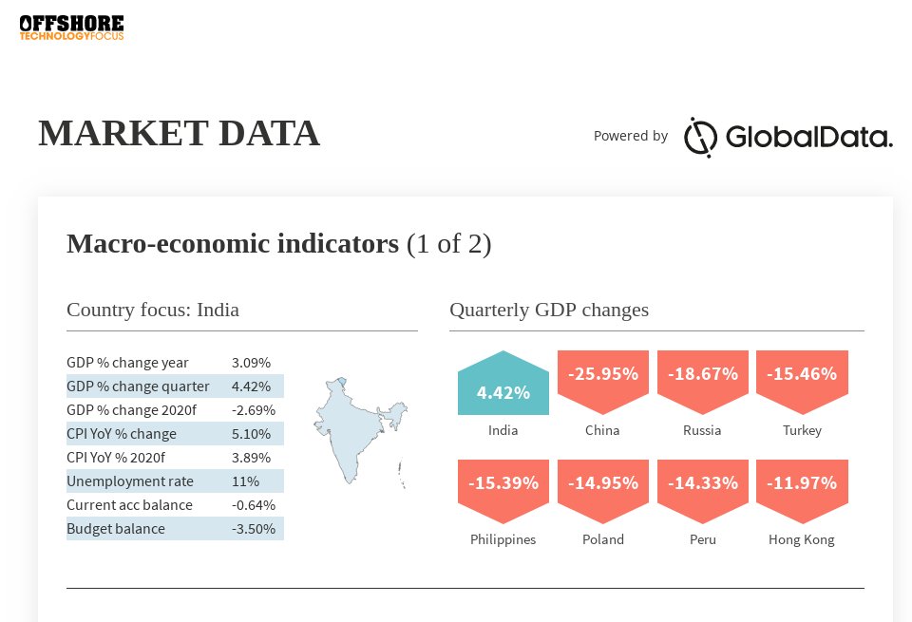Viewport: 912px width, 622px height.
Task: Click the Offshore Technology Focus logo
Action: (x=71, y=28)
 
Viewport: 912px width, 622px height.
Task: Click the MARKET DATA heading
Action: (x=179, y=133)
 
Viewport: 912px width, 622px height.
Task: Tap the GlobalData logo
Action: (x=788, y=137)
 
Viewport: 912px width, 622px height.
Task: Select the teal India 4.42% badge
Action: (x=503, y=385)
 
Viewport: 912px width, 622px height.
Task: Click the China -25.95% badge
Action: (x=602, y=380)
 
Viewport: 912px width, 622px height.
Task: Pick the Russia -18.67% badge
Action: (x=702, y=380)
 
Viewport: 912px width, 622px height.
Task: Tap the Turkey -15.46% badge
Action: (x=802, y=380)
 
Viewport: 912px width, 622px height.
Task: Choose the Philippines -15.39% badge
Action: (x=503, y=489)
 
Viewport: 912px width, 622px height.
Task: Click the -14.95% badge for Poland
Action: (x=602, y=489)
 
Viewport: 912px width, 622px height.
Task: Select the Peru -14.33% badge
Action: (x=702, y=489)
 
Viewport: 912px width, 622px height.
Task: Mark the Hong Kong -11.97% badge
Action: (x=802, y=489)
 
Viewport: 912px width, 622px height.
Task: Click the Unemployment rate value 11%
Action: (x=245, y=481)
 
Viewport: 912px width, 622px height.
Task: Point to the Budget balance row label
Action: (x=116, y=529)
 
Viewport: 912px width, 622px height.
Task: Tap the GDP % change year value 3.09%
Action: (x=251, y=363)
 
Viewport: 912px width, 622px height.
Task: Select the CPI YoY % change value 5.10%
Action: (x=251, y=434)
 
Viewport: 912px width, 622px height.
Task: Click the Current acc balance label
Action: (x=129, y=505)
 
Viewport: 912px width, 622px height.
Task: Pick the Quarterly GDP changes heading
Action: (x=549, y=310)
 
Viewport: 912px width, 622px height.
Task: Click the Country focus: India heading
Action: (x=153, y=310)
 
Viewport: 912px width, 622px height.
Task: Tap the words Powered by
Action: (x=631, y=136)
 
